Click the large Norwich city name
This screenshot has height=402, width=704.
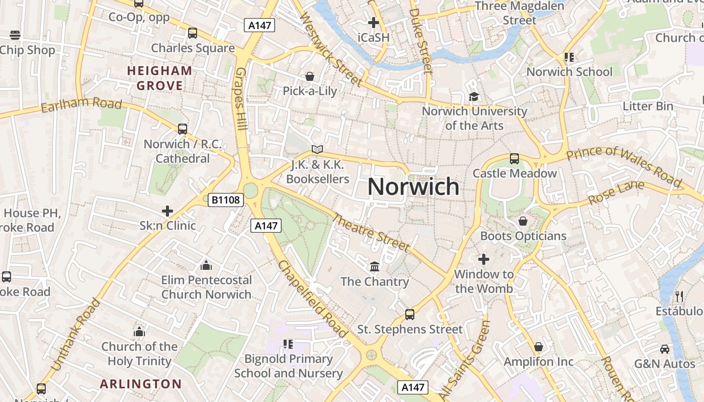pyautogui.click(x=413, y=186)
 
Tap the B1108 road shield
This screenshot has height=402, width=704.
pyautogui.click(x=226, y=200)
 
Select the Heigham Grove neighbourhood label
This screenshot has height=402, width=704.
pyautogui.click(x=160, y=78)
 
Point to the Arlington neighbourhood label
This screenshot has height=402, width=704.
pyautogui.click(x=141, y=384)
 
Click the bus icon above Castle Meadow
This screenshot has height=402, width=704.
pyautogui.click(x=514, y=159)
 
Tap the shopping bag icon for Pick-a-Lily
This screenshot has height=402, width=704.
pyautogui.click(x=310, y=76)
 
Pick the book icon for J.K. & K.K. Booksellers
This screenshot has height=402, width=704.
pyautogui.click(x=317, y=149)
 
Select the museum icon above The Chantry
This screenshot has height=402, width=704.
pyautogui.click(x=375, y=266)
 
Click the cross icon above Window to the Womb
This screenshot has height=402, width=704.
pyautogui.click(x=483, y=259)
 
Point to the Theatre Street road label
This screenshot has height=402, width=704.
pyautogui.click(x=371, y=232)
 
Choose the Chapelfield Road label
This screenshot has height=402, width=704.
pyautogui.click(x=312, y=299)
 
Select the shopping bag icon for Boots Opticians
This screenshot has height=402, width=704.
pyautogui.click(x=523, y=221)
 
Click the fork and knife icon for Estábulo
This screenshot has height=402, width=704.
pyautogui.click(x=679, y=296)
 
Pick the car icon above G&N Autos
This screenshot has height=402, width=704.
pyautogui.click(x=665, y=349)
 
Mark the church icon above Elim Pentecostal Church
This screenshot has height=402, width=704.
pyautogui.click(x=206, y=265)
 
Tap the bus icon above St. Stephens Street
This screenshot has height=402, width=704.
pyautogui.click(x=410, y=315)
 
